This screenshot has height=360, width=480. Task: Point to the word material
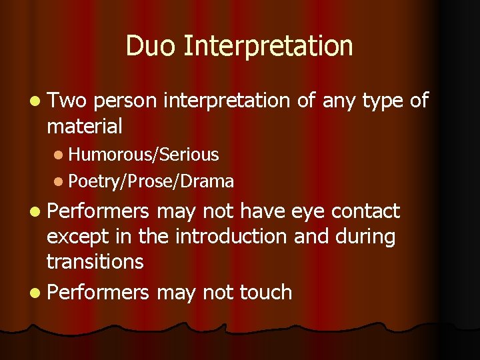84,125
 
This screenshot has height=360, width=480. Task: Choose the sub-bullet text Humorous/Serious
143,155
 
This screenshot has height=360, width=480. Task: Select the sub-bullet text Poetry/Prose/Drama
151,181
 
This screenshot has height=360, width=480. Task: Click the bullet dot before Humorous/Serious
59,155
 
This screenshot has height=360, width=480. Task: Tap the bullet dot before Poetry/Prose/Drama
59,181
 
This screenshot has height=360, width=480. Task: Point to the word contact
365,211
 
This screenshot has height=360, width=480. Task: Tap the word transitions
95,261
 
